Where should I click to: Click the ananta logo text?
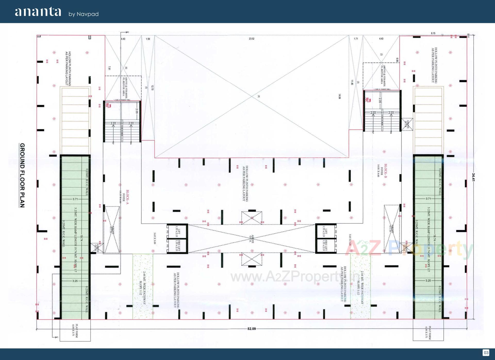click(38, 12)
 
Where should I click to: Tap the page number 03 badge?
click(486, 353)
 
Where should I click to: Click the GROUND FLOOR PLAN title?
click(22, 175)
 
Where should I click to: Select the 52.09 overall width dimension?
click(251, 329)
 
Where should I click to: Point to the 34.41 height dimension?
click(474, 178)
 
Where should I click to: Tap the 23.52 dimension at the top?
click(251, 39)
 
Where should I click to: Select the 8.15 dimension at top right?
click(433, 33)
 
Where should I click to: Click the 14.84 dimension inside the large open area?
click(340, 97)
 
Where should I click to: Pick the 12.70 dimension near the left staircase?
click(152, 88)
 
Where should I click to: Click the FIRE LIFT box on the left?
click(177, 246)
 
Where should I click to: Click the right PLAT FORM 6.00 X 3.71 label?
click(428, 332)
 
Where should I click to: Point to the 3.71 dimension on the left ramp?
click(75, 199)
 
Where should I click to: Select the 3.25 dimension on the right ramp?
click(428, 280)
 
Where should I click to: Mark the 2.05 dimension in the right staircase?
click(380, 100)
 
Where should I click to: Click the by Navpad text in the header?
click(84, 14)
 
